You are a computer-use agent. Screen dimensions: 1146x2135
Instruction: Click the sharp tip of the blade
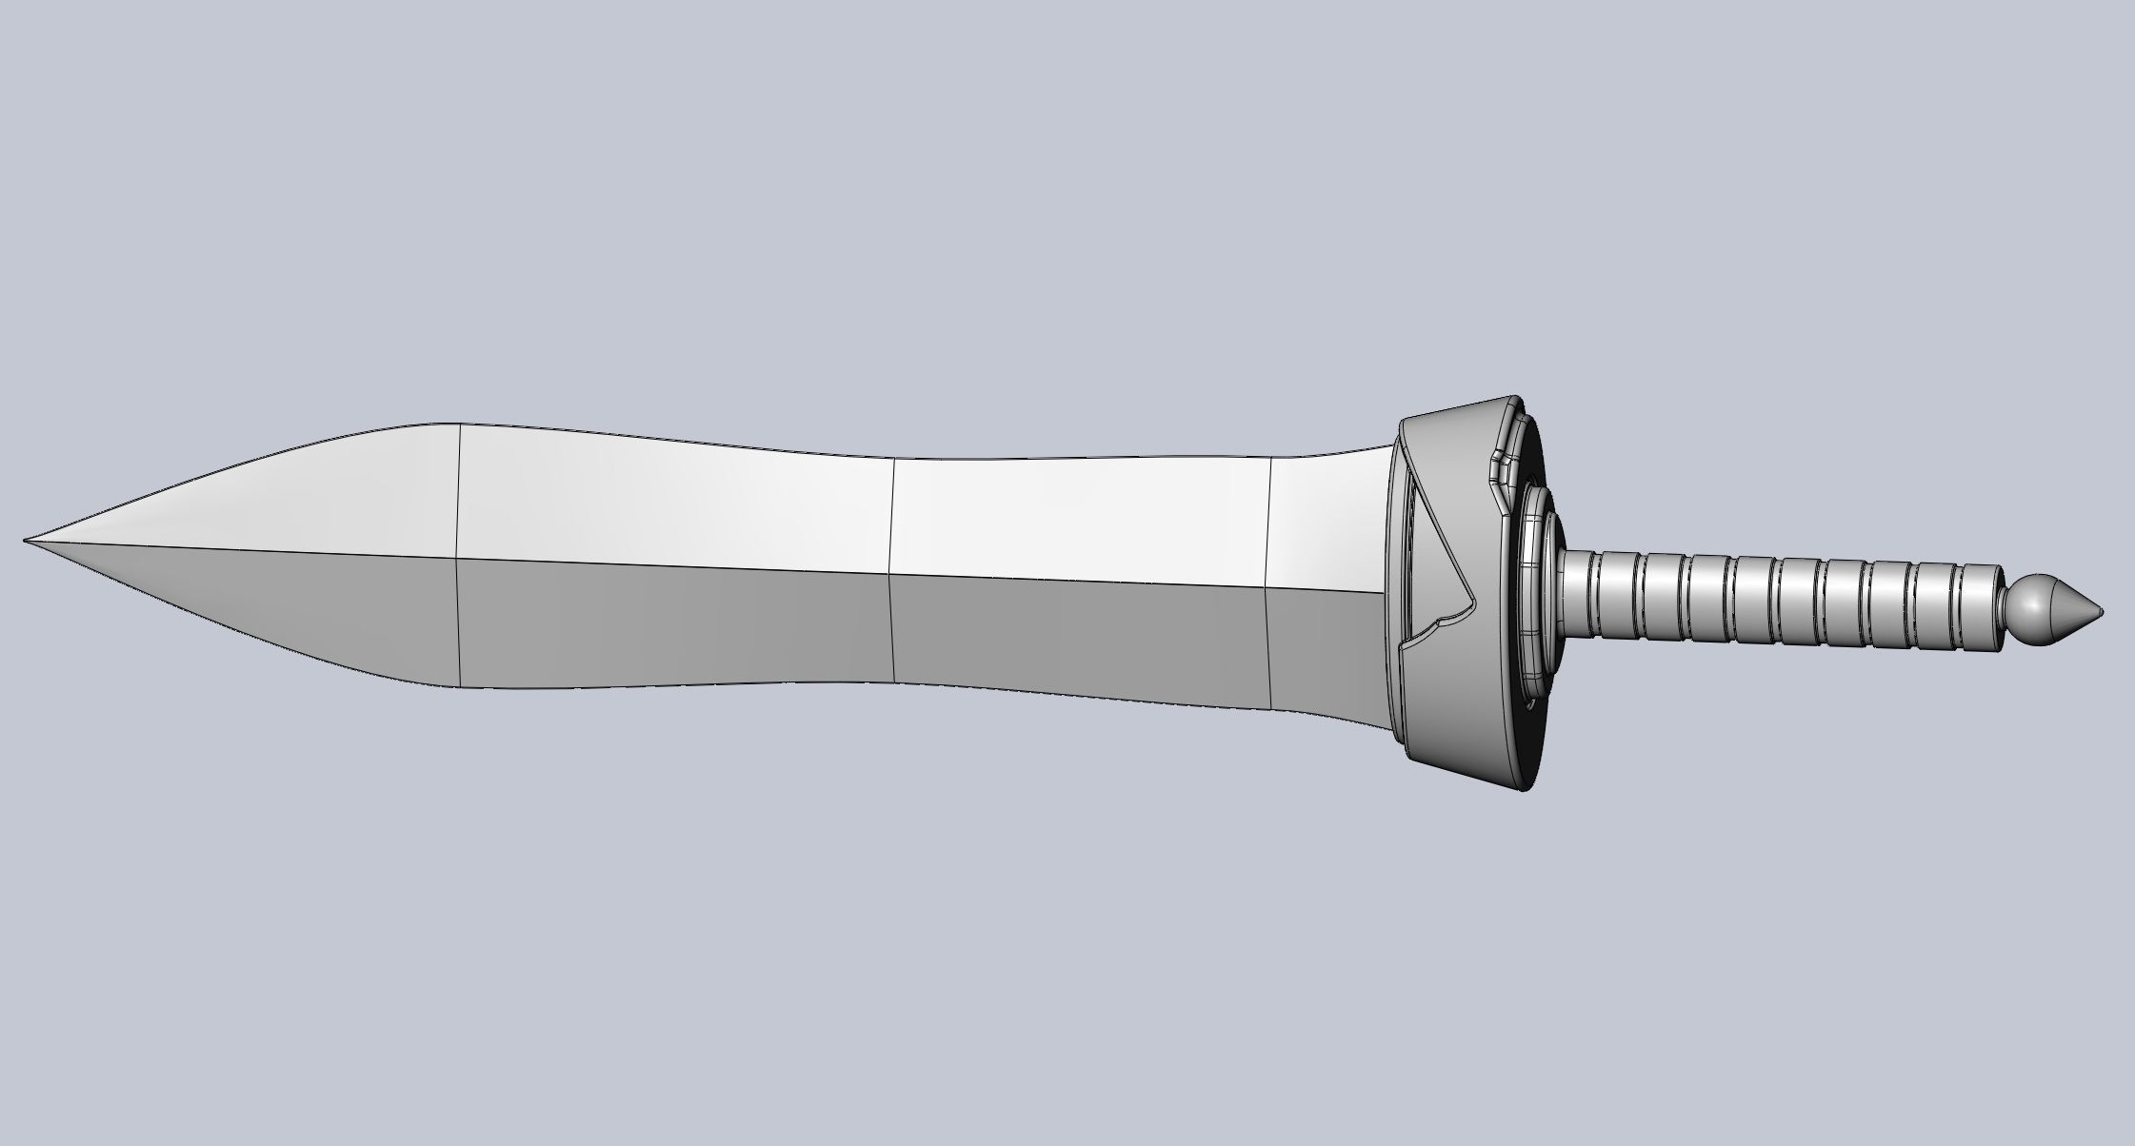coord(26,541)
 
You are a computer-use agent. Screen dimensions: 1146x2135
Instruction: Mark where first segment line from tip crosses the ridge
coord(458,558)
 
